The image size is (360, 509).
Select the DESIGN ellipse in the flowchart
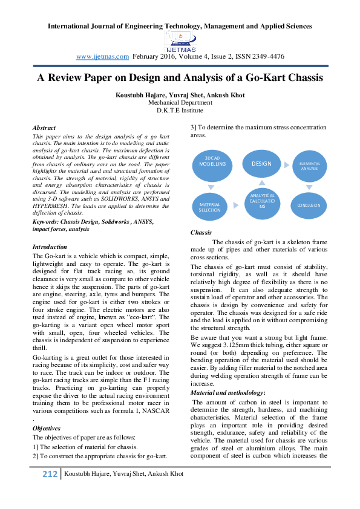coord(261,164)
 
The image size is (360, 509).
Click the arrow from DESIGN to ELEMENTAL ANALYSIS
coord(286,164)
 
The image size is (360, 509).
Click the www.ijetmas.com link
coord(102,56)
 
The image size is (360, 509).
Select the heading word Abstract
coord(44,128)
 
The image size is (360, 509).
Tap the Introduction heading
coord(50,247)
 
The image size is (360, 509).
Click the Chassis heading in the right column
coord(201,232)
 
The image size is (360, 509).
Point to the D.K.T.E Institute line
coord(180,111)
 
